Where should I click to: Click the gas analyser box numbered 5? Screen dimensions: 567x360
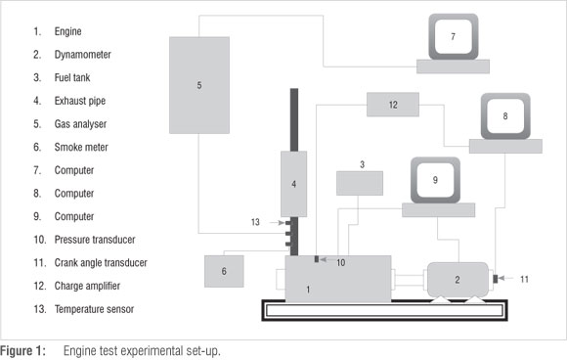[x=199, y=85]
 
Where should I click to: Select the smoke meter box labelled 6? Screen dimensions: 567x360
[x=224, y=271]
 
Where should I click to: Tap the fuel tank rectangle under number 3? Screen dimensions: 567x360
[x=360, y=183]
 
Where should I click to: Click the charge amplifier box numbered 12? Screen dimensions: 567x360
[x=393, y=105]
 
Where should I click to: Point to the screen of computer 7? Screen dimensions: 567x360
[x=453, y=36]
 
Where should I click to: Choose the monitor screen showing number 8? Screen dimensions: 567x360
[x=505, y=115]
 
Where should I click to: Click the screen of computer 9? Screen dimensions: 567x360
[x=435, y=180]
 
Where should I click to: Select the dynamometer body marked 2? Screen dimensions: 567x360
[x=458, y=280]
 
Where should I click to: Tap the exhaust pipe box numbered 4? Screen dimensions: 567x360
[x=293, y=184]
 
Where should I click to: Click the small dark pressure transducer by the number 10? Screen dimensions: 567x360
[x=317, y=259]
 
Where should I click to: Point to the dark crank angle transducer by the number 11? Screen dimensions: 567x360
[x=496, y=279]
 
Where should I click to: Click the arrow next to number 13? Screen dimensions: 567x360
[x=278, y=222]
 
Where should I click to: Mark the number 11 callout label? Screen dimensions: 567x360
[x=524, y=280]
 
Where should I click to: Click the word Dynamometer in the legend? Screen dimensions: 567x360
[x=82, y=55]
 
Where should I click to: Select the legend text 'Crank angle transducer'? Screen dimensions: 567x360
[x=101, y=263]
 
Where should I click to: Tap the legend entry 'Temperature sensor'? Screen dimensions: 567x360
[x=94, y=309]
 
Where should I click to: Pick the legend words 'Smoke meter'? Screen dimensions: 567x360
[x=81, y=148]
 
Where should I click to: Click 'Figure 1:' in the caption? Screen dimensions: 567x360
[x=22, y=351]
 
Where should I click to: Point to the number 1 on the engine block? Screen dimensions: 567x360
[x=308, y=290]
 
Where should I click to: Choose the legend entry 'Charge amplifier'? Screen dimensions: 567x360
[x=87, y=286]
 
